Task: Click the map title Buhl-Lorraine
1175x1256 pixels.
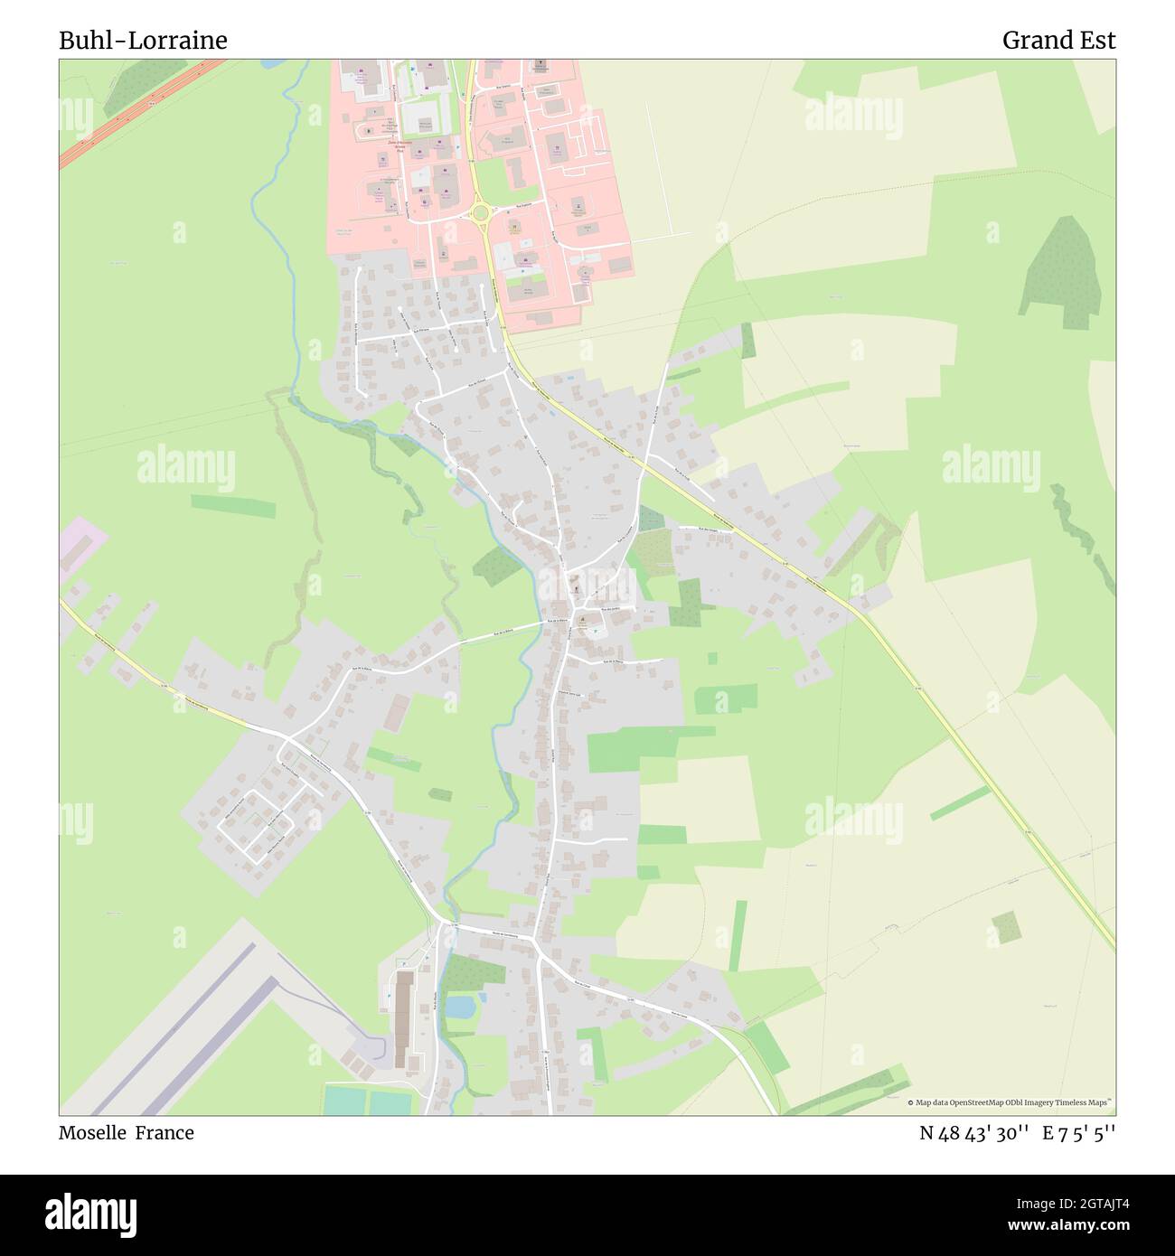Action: [143, 41]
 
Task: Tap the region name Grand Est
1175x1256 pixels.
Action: [1058, 41]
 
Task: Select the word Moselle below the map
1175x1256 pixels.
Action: [94, 1133]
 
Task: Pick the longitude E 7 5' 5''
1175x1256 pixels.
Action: [1078, 1133]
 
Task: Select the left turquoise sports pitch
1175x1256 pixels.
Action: [345, 1101]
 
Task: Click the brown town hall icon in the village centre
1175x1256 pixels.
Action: [584, 621]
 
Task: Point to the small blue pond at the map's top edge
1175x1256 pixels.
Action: [271, 64]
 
